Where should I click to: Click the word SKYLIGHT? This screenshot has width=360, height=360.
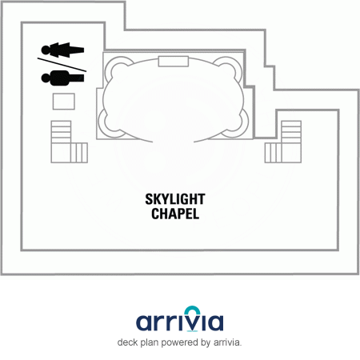pyautogui.click(x=175, y=199)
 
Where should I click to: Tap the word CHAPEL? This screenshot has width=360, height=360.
pyautogui.click(x=175, y=214)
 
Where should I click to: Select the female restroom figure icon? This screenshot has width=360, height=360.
pyautogui.click(x=62, y=50)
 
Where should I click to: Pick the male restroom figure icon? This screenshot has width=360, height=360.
pyautogui.click(x=62, y=78)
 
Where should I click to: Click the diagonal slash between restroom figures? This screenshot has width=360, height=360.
pyautogui.click(x=62, y=65)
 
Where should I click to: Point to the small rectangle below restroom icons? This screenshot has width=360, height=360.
pyautogui.click(x=64, y=102)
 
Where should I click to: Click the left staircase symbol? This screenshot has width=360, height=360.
pyautogui.click(x=69, y=142)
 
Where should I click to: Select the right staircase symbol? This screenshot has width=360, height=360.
pyautogui.click(x=283, y=142)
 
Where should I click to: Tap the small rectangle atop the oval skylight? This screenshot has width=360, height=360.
pyautogui.click(x=174, y=62)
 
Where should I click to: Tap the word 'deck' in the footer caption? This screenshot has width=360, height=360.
pyautogui.click(x=127, y=342)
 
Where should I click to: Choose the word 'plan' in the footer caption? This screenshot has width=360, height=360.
pyautogui.click(x=150, y=342)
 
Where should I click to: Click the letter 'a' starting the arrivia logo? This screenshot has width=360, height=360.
pyautogui.click(x=145, y=322)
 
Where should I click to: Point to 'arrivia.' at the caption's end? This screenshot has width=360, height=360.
pyautogui.click(x=227, y=342)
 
